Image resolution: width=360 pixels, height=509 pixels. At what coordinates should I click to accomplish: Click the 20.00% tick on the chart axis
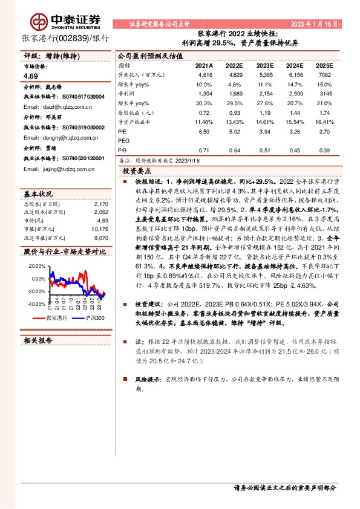tap(37, 266)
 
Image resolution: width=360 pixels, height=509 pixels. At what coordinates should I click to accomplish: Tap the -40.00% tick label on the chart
tap(36, 305)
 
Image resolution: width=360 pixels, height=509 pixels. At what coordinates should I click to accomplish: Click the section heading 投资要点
tap(139, 172)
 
